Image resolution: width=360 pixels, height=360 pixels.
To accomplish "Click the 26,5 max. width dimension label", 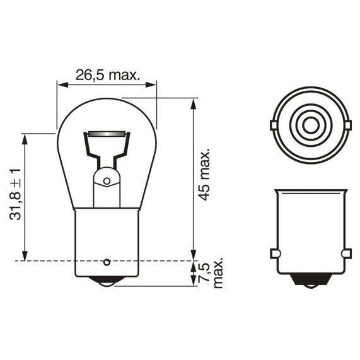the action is (x=108, y=74).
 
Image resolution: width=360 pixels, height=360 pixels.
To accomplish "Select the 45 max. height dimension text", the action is (x=204, y=175).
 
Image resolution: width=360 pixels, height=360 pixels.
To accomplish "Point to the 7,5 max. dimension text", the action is (x=211, y=272).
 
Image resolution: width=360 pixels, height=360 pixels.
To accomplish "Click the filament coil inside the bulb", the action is (x=107, y=134).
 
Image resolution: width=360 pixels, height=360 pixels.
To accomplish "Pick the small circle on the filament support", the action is (x=107, y=181).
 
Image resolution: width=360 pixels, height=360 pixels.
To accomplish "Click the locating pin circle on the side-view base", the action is (x=107, y=262).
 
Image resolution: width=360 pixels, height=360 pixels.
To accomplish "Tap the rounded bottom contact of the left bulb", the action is (x=107, y=282).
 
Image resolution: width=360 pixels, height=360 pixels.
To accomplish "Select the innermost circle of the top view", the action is (x=311, y=125).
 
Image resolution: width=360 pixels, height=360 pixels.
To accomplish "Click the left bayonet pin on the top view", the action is (x=273, y=125).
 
